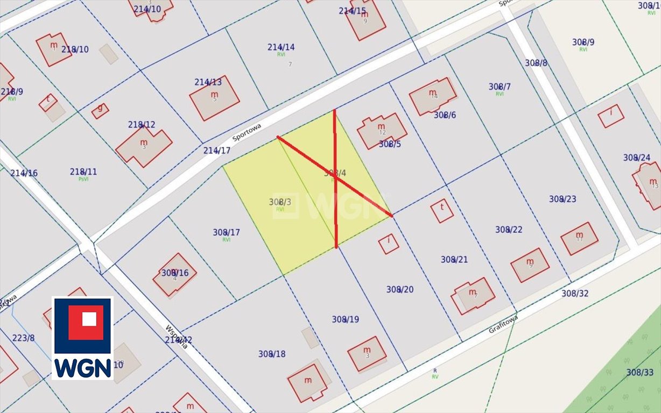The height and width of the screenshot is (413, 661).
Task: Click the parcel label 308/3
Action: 280,202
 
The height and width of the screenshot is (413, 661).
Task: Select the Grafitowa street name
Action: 503,324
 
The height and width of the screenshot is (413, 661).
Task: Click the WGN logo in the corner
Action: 82,338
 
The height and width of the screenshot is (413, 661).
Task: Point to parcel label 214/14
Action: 281,47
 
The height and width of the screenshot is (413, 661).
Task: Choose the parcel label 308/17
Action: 226,232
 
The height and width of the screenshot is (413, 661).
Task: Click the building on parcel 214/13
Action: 214,98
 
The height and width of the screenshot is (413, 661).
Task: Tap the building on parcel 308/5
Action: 382,130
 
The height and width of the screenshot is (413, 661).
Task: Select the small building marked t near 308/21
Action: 442,210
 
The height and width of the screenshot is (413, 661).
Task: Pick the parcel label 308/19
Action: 345,319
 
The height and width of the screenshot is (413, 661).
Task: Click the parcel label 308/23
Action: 562,199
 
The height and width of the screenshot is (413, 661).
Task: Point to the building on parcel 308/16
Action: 174,275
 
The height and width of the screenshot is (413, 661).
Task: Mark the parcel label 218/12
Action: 142,124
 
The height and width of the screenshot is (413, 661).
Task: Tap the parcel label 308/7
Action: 500,87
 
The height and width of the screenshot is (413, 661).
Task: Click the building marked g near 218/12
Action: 100,111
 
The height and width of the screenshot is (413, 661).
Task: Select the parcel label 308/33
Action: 639,372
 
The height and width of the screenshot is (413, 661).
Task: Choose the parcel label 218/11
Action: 83,172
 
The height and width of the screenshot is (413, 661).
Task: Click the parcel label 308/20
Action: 399,289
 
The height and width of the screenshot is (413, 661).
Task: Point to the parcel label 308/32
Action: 575,293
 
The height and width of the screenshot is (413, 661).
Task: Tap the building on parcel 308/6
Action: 432,96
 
